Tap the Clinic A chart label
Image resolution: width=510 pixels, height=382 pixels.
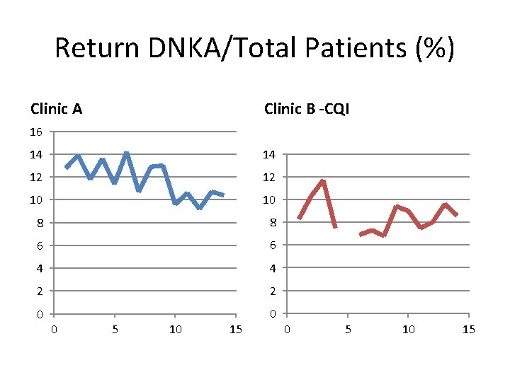click(56, 109)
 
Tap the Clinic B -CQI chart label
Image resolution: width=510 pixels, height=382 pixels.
click(306, 109)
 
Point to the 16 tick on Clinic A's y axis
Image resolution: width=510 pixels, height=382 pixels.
click(37, 132)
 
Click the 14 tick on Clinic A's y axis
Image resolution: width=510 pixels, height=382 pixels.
click(37, 154)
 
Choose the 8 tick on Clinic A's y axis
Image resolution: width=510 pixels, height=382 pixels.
click(40, 223)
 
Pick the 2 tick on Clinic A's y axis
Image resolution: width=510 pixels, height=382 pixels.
click(40, 291)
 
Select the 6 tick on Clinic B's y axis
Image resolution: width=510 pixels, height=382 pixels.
click(273, 245)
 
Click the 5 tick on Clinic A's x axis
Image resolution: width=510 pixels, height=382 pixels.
click(115, 329)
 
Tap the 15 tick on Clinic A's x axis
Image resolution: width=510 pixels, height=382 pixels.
click(236, 329)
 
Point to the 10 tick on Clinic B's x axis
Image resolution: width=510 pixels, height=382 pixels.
click(408, 329)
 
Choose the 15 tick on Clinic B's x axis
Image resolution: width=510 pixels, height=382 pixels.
click(468, 329)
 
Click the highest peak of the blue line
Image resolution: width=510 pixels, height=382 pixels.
click(126, 153)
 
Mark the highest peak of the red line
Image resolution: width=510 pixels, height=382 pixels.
click(323, 181)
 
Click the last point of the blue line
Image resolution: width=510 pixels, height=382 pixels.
click(223, 195)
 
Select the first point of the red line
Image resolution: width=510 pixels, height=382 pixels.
click(299, 219)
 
